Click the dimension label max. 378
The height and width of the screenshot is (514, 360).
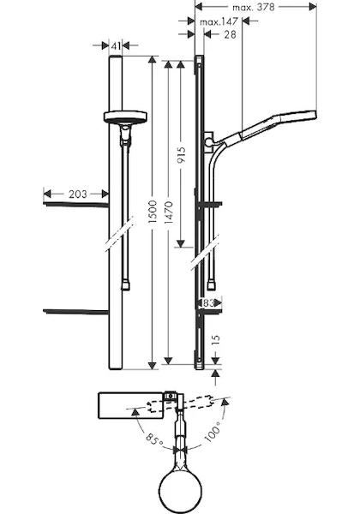254,7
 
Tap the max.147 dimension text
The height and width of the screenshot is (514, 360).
219,22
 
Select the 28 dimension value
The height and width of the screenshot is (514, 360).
230,34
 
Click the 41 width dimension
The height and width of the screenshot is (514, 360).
116,46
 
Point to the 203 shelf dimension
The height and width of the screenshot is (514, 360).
78,194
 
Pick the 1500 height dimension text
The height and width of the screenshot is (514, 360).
153,212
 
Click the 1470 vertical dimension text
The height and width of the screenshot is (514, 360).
169,213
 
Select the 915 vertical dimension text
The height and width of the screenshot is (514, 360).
182,155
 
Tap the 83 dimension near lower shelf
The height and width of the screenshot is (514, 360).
208,303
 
